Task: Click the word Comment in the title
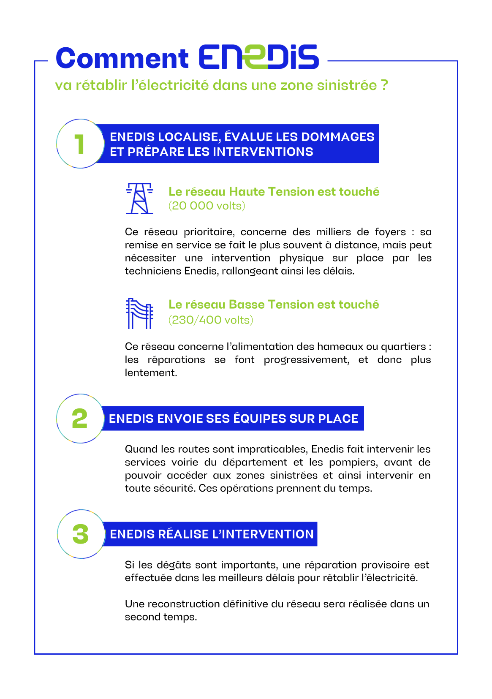pos(122,58)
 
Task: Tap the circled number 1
pos(80,144)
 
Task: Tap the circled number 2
pos(80,419)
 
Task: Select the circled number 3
pos(80,534)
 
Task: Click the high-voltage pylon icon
pos(139,199)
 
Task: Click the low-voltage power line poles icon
pos(139,313)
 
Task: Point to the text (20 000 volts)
pos(207,206)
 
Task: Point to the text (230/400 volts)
pos(211,320)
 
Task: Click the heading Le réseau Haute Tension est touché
pos(274,192)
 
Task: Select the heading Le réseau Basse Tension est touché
pos(274,305)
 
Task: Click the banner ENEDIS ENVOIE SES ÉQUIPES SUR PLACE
pos(233,419)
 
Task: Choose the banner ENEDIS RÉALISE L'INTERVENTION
pos(212,534)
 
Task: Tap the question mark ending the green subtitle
pos(384,85)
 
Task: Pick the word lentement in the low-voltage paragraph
pos(150,373)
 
